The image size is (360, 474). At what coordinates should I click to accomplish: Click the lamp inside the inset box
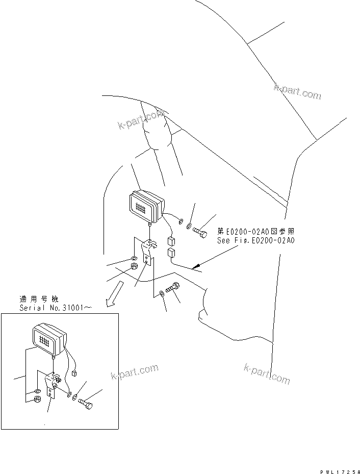[49, 339]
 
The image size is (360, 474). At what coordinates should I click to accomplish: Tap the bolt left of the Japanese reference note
[200, 233]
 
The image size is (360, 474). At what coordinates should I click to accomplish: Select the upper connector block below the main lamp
[171, 242]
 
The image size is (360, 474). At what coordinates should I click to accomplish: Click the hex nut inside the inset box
[38, 399]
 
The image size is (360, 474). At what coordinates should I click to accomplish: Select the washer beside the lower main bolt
[162, 293]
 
